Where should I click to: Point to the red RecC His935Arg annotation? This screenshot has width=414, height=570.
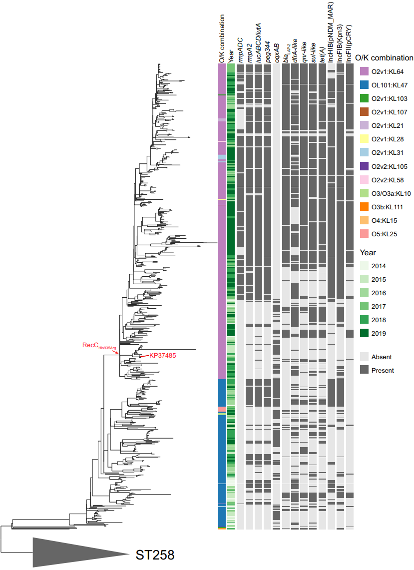tap(99, 346)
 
